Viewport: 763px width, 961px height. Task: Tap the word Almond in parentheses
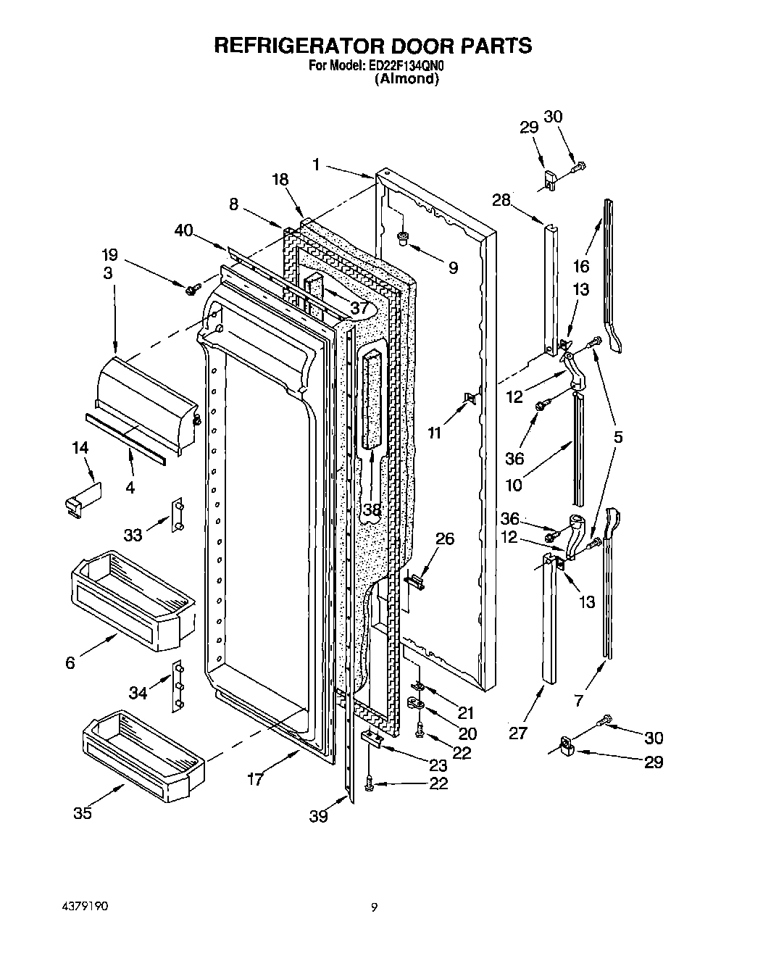tap(406, 79)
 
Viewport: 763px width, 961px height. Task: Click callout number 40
tap(184, 231)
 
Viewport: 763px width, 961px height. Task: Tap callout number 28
tap(501, 200)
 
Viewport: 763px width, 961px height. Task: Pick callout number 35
tap(83, 813)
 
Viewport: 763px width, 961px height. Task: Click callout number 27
tap(517, 733)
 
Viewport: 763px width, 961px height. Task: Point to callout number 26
tap(445, 538)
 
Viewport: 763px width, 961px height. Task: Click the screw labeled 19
tap(192, 289)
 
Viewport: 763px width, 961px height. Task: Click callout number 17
tap(255, 779)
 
